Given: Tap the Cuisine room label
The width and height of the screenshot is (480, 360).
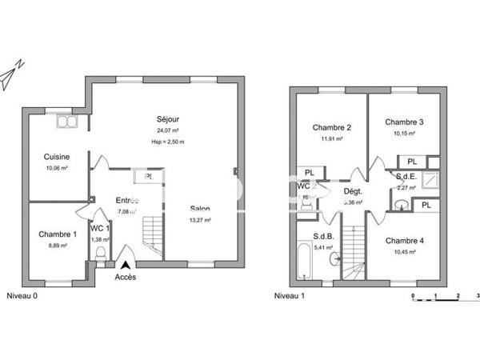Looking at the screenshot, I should pyautogui.click(x=57, y=157).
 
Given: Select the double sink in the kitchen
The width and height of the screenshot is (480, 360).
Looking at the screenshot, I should pyautogui.click(x=63, y=122).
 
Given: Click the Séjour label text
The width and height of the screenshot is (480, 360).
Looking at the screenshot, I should pyautogui.click(x=167, y=118).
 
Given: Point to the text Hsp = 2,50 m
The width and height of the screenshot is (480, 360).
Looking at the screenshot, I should pyautogui.click(x=167, y=142).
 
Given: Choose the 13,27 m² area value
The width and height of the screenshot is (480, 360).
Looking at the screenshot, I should pyautogui.click(x=199, y=220).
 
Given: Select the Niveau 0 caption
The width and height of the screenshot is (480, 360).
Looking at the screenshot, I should pyautogui.click(x=22, y=295).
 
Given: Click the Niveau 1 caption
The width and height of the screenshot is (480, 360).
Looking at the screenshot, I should pyautogui.click(x=290, y=295).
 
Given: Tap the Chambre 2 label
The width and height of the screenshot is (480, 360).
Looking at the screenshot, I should pyautogui.click(x=332, y=127).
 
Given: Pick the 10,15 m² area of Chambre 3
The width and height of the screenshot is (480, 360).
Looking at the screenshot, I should pyautogui.click(x=404, y=134).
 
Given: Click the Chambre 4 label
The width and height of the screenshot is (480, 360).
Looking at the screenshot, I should pyautogui.click(x=404, y=240).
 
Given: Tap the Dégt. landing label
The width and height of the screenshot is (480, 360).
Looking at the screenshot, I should pyautogui.click(x=353, y=192).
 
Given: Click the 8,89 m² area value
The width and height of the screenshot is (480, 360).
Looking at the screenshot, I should pyautogui.click(x=58, y=246).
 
